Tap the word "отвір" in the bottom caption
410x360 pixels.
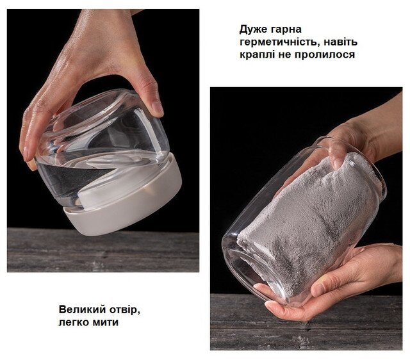point(124,310)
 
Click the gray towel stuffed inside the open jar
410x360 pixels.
point(309,222)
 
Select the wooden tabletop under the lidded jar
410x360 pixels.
point(103,250)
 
